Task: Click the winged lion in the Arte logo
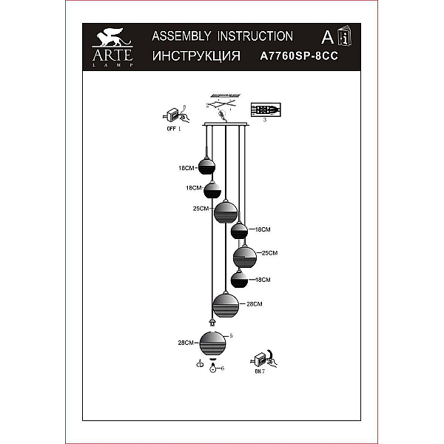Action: point(111,37)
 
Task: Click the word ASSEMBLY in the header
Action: point(181,36)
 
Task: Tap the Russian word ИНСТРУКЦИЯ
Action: point(196,56)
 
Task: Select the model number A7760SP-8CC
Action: point(299,55)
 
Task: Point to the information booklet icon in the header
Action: point(345,36)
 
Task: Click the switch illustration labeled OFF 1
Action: point(176,115)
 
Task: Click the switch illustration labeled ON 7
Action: point(263,359)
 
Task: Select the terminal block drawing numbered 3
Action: point(266,110)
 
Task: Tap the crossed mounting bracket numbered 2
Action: point(223,104)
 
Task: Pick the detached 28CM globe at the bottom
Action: point(212,343)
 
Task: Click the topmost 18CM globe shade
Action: point(206,166)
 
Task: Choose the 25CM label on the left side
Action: point(201,209)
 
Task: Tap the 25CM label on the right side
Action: point(269,253)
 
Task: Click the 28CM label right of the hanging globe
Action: point(255,304)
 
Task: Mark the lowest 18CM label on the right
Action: point(263,280)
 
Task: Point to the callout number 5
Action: point(231,335)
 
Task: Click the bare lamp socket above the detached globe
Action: point(212,322)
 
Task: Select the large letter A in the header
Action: point(327,37)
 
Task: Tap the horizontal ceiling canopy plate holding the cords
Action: point(226,124)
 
